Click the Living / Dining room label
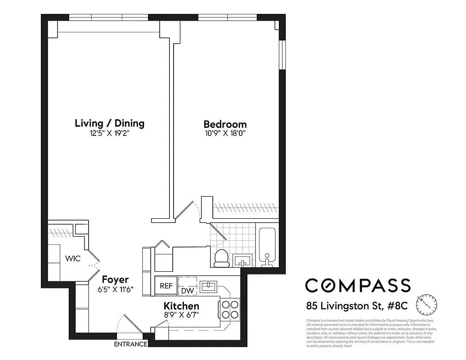coord(109,123)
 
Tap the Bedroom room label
coord(225,124)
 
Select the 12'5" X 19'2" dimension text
coord(109,134)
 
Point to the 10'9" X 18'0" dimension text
coord(225,134)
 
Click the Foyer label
coord(115,279)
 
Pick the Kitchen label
coord(181,306)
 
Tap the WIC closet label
coord(72,259)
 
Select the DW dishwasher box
coord(188,291)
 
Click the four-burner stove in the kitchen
coord(229,310)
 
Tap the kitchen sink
coord(208,285)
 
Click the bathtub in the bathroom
coord(267,246)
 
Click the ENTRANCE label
coord(130,344)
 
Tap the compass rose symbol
coord(426,305)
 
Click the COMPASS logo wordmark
coord(358,285)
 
